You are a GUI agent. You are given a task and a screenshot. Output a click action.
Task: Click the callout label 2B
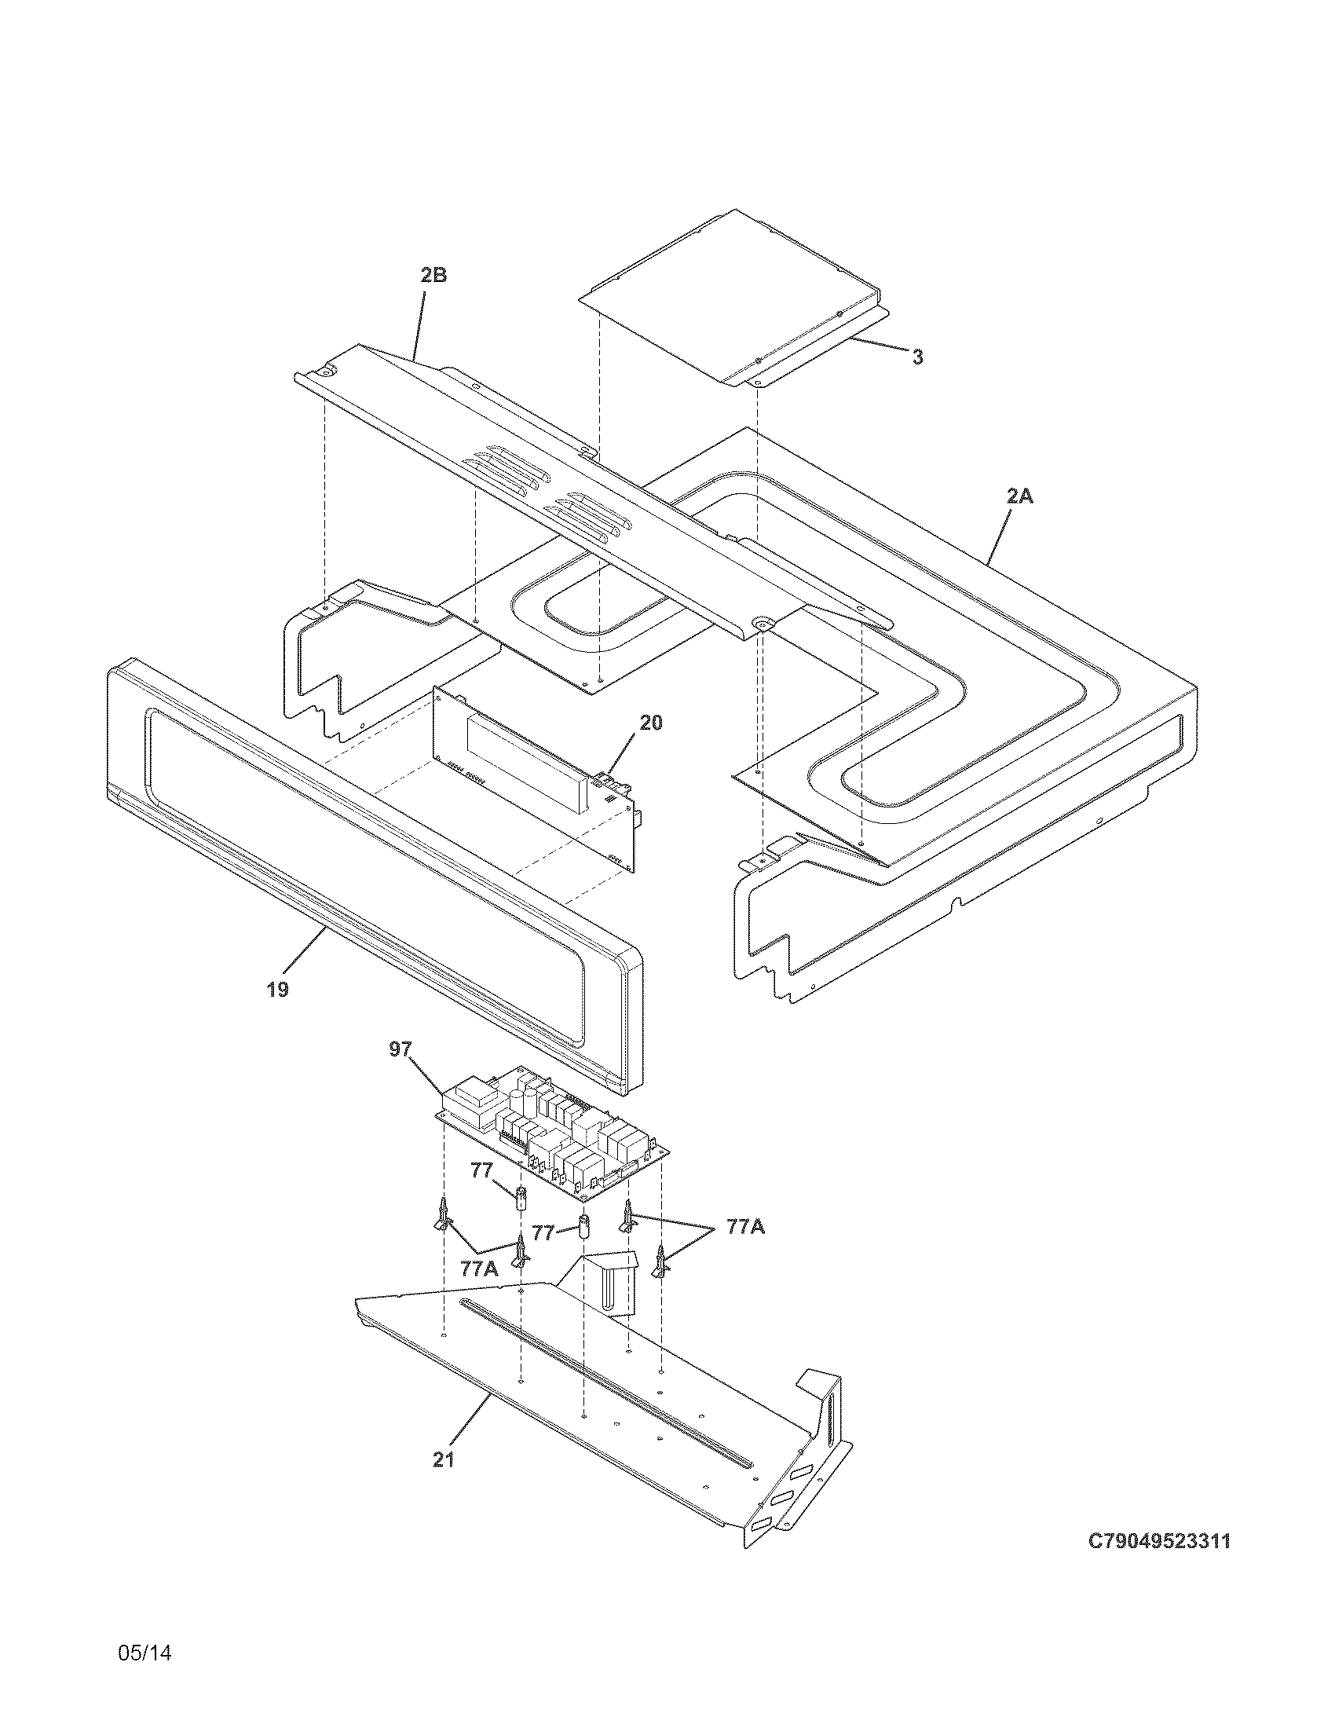(433, 276)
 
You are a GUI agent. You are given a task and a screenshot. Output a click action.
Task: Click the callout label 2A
(1019, 496)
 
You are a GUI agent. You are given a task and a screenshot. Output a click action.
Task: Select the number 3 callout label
(916, 357)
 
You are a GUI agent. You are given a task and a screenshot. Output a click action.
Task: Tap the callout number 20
(651, 723)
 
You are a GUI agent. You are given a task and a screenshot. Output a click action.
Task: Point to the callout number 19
(277, 989)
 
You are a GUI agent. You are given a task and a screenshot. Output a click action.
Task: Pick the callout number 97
(400, 1049)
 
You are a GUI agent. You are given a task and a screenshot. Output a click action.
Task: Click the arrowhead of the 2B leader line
(412, 361)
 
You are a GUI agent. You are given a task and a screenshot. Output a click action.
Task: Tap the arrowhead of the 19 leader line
(326, 931)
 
